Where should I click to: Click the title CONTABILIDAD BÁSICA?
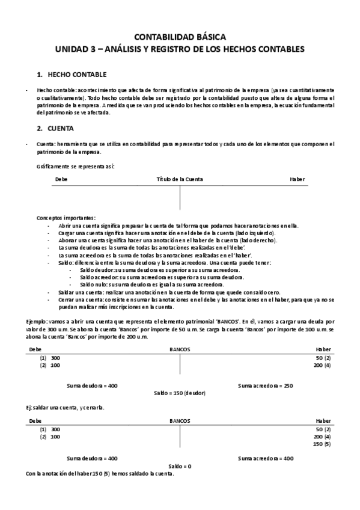(x=180, y=37)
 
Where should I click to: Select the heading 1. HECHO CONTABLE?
(x=72, y=75)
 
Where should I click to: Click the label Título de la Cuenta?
(x=180, y=179)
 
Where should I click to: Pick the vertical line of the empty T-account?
(x=180, y=198)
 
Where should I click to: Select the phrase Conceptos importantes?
(x=66, y=218)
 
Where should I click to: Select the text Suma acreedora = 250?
(x=265, y=385)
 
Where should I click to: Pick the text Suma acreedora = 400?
(x=265, y=458)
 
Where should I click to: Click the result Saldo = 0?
(x=180, y=466)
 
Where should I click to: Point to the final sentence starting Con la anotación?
(x=100, y=473)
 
